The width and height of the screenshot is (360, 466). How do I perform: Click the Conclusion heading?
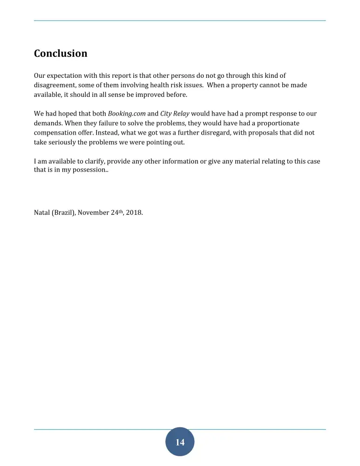pyautogui.click(x=61, y=54)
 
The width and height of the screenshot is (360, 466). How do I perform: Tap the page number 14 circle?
pyautogui.click(x=180, y=442)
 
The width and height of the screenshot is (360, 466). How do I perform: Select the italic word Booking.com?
pyautogui.click(x=127, y=114)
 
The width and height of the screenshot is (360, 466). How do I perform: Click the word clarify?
pyautogui.click(x=93, y=161)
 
